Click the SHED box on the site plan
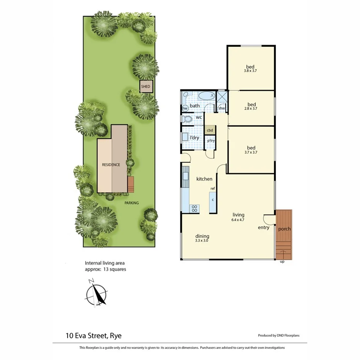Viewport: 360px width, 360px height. (x=146, y=87)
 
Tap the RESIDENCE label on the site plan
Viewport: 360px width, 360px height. (x=111, y=165)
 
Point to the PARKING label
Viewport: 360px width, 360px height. (x=131, y=203)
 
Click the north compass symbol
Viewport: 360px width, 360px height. (x=97, y=295)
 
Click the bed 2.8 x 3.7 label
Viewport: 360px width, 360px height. (x=251, y=106)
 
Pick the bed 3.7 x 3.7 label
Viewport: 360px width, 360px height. (x=251, y=149)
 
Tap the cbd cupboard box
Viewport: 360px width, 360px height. (x=210, y=130)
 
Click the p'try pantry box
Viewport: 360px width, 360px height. (x=211, y=141)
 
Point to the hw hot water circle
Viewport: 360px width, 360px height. (x=185, y=109)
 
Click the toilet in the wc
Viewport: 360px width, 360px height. (x=188, y=119)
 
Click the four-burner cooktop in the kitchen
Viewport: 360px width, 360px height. (x=194, y=209)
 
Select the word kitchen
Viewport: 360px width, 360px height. (x=204, y=179)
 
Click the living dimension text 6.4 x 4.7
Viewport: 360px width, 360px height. (x=238, y=220)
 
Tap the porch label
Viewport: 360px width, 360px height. (x=284, y=229)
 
